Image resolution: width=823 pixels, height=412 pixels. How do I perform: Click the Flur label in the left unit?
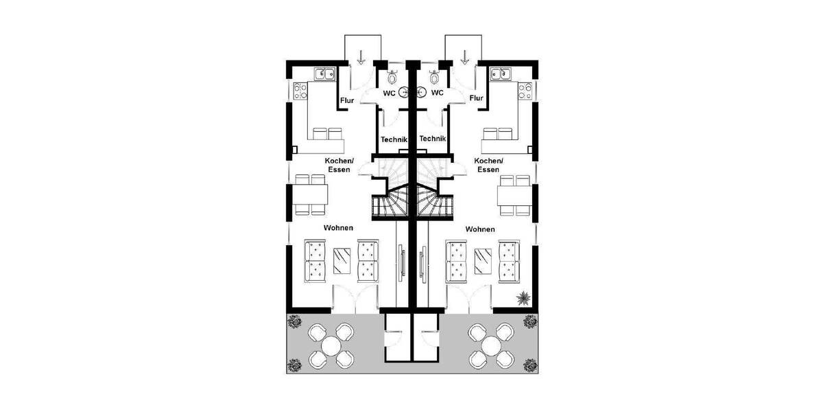tap(347, 100)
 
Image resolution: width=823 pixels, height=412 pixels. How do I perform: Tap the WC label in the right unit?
tap(437, 93)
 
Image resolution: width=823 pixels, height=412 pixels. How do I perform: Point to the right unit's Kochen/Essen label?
tap(488, 165)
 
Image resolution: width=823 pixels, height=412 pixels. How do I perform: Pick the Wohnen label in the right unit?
tap(480, 229)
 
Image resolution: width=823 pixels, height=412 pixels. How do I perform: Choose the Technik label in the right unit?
tap(433, 138)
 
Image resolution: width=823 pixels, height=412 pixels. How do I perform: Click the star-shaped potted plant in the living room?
tap(523, 298)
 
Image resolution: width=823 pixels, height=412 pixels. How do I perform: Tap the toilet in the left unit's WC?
tap(393, 77)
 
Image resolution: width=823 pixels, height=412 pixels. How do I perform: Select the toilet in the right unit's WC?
tap(433, 77)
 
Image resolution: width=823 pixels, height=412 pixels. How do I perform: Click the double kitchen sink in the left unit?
tap(325, 73)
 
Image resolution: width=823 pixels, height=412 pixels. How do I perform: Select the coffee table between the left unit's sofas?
tap(342, 261)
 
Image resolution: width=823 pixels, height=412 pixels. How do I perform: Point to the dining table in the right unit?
tap(514, 197)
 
